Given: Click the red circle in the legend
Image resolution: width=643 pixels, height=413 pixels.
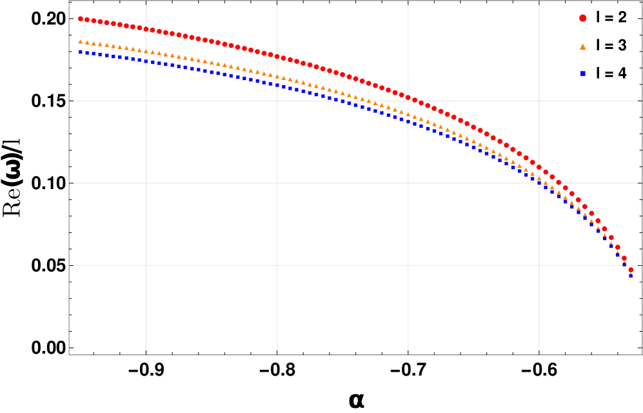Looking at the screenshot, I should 582,18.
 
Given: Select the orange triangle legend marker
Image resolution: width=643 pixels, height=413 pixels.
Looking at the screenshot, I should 582,46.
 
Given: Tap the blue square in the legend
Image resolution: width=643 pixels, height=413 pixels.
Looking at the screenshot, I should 582,74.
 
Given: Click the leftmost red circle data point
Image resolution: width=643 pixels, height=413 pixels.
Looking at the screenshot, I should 81,19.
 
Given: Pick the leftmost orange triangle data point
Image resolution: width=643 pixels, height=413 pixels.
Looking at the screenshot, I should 81,42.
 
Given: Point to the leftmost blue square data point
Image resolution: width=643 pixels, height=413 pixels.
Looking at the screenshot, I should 81,52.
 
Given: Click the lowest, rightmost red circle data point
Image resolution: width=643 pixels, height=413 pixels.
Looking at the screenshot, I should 631,270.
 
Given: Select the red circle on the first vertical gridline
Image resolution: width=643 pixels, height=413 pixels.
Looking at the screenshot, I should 146,29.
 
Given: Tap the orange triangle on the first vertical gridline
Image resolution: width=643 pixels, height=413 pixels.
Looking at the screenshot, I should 146,51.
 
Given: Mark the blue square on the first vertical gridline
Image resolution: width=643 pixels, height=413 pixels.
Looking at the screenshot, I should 146,61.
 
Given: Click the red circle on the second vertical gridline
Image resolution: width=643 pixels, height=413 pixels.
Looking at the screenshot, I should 277,57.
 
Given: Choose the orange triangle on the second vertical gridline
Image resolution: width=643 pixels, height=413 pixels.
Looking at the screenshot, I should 277,76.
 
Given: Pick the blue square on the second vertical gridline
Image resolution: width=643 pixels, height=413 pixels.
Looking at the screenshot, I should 277,85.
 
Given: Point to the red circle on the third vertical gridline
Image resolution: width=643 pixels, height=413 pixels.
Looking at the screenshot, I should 408,98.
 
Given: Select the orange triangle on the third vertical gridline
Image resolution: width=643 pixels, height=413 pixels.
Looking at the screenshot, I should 408,114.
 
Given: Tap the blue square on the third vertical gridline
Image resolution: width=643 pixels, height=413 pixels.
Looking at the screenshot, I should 408,121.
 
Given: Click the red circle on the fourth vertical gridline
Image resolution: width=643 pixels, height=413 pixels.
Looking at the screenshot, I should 539,167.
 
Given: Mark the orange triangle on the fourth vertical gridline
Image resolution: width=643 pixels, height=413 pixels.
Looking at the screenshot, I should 539,178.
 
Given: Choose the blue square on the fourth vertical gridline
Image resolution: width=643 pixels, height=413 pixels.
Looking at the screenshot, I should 539,183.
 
